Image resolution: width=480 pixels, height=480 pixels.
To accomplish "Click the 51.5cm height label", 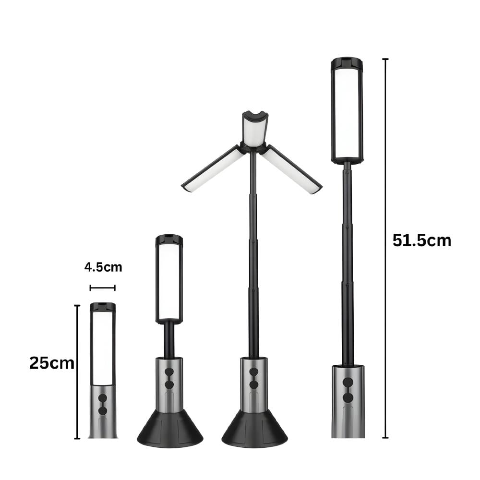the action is pyautogui.click(x=421, y=240).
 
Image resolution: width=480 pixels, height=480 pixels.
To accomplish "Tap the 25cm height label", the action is pyautogui.click(x=52, y=363).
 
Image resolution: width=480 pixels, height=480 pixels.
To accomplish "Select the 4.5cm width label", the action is pyautogui.click(x=103, y=267).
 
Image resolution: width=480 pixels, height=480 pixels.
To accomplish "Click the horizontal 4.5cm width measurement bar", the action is pyautogui.click(x=103, y=288).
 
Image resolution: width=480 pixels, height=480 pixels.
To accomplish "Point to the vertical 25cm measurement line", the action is pyautogui.click(x=77, y=372).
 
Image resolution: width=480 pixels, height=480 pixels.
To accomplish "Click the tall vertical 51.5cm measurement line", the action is pyautogui.click(x=385, y=248).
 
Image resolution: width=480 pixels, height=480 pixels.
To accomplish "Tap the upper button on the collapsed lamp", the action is pyautogui.click(x=103, y=398).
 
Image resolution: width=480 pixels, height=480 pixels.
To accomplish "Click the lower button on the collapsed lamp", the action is pyautogui.click(x=103, y=411).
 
